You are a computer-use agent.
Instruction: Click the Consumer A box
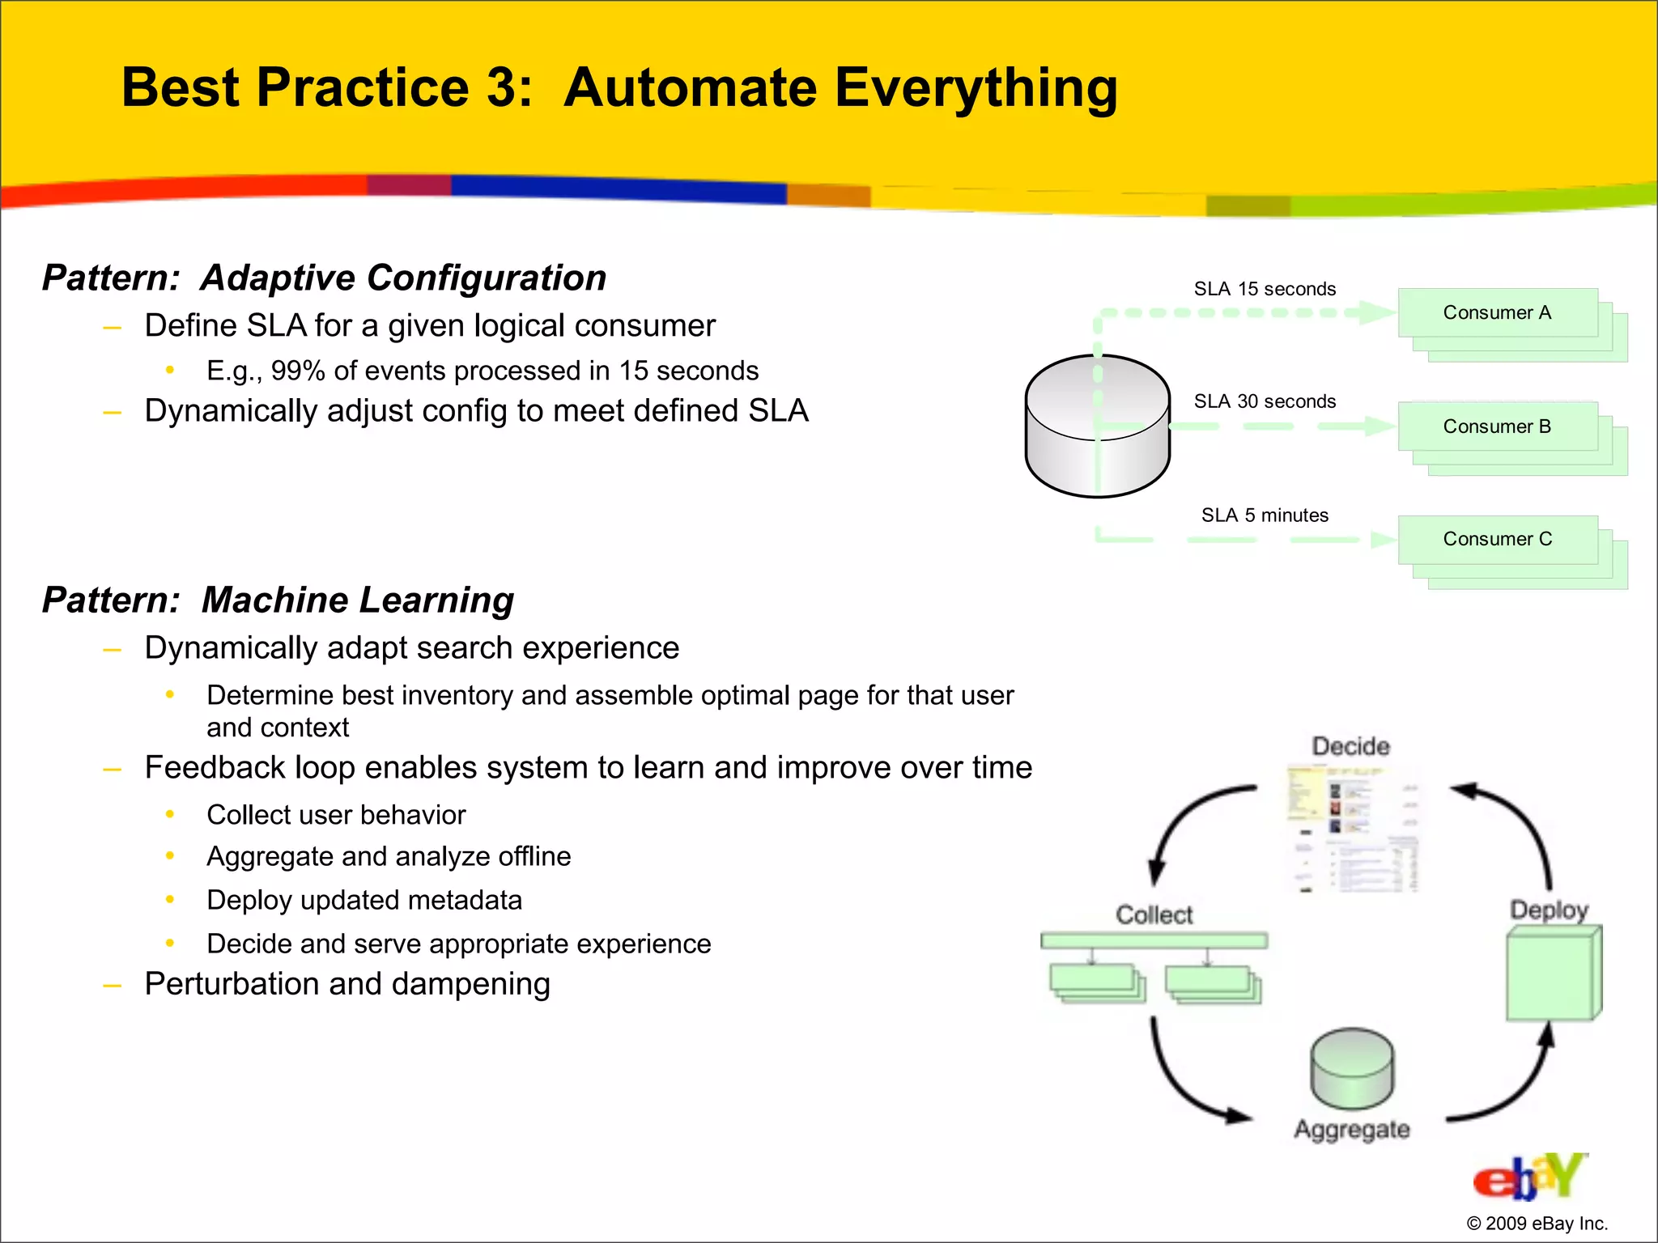click(1497, 313)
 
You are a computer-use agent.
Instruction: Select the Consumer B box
click(1497, 426)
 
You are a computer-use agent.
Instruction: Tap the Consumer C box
click(1497, 540)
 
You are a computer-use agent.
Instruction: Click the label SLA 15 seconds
click(1264, 289)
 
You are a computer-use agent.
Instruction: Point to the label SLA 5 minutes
click(1264, 515)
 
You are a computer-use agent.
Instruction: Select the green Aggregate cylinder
click(1351, 1068)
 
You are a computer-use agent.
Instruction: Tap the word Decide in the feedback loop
click(1350, 746)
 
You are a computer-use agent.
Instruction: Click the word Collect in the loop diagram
click(1154, 915)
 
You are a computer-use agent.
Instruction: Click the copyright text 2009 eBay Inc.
click(1537, 1224)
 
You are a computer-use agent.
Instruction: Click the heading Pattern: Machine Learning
click(278, 600)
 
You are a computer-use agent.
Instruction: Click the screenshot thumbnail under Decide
click(1352, 829)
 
